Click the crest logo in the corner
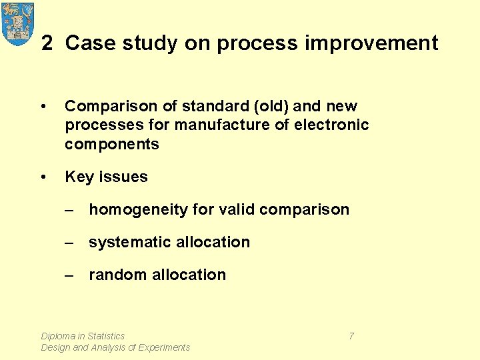click(18, 23)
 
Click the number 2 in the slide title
click(47, 43)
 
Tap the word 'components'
click(112, 144)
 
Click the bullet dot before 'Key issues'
click(43, 177)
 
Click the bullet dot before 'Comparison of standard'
click(43, 107)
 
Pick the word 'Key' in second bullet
click(78, 177)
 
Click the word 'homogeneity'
click(138, 210)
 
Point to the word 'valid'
click(236, 210)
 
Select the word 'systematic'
click(130, 242)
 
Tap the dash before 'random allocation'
click(70, 275)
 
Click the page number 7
click(351, 336)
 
